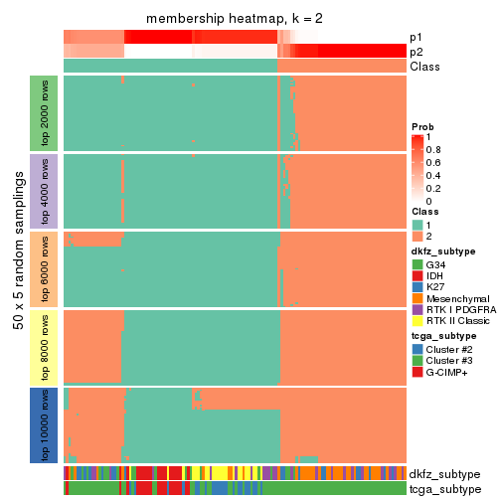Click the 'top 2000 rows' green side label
(44, 112)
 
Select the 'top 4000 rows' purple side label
(44, 191)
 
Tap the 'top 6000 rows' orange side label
(44, 268)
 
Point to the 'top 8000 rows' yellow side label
(44, 347)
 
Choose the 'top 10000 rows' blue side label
(44, 425)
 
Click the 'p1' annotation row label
(416, 37)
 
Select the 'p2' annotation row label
(416, 51)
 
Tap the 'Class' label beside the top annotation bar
(424, 66)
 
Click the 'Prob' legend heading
(422, 127)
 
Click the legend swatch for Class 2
(417, 237)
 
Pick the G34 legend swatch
(417, 264)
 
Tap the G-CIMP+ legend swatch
(417, 372)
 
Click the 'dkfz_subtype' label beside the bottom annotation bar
(444, 474)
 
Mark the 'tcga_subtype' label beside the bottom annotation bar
(443, 488)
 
